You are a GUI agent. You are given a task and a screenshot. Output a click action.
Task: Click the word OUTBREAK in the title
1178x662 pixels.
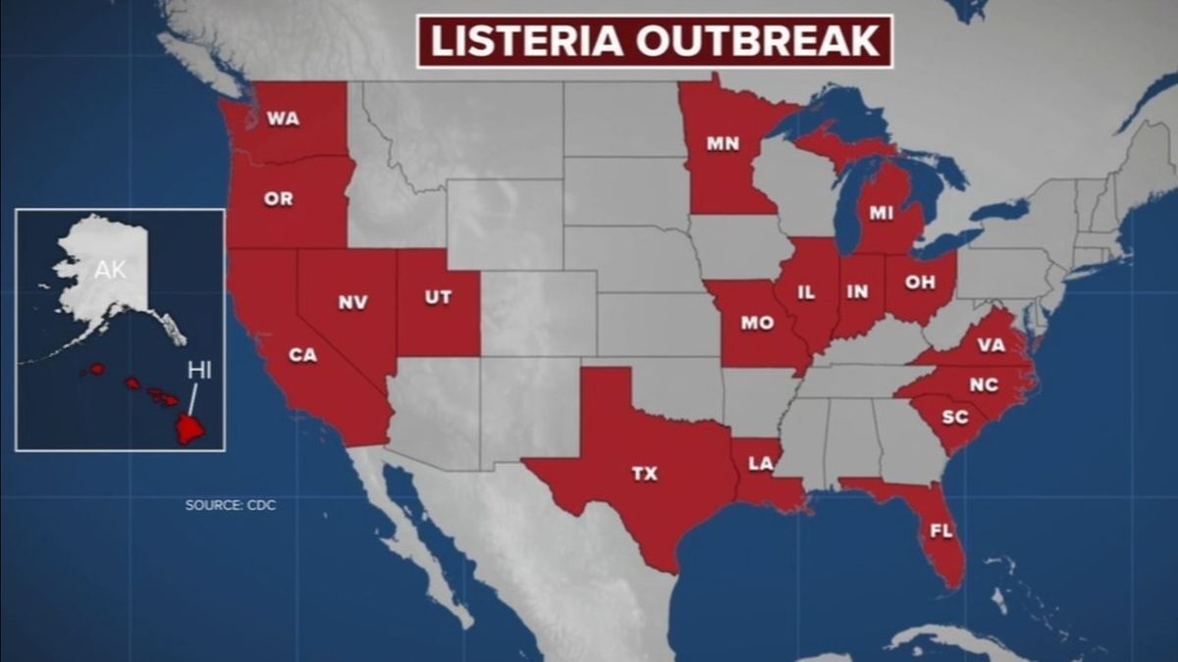[765, 42]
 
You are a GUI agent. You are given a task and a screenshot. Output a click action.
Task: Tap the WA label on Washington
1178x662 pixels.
[283, 120]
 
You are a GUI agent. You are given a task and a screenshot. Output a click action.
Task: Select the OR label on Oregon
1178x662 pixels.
[278, 199]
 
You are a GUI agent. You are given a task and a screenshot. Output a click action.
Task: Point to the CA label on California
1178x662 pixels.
[302, 355]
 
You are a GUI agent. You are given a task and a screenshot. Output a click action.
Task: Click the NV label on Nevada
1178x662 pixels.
[352, 302]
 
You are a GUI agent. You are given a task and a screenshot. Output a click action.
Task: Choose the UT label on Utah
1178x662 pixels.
[438, 297]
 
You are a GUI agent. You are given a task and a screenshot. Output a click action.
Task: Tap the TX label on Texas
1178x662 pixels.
[644, 475]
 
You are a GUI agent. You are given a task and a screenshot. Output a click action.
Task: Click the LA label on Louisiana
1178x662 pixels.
[760, 464]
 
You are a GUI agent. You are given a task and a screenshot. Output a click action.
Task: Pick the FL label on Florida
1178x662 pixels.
[940, 531]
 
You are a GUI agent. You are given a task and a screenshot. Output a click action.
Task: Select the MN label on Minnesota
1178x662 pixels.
[723, 143]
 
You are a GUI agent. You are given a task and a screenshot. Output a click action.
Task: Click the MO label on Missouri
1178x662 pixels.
[757, 323]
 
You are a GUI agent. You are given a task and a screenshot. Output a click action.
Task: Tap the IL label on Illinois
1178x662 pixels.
[806, 292]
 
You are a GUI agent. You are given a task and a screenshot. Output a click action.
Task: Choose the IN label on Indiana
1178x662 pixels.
[858, 292]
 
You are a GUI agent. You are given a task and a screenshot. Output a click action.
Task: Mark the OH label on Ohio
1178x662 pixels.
[919, 281]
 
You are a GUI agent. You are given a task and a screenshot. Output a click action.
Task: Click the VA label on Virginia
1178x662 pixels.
[990, 345]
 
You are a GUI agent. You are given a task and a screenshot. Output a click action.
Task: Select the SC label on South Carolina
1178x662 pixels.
[954, 418]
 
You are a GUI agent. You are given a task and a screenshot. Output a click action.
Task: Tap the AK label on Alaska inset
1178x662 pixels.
[110, 270]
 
